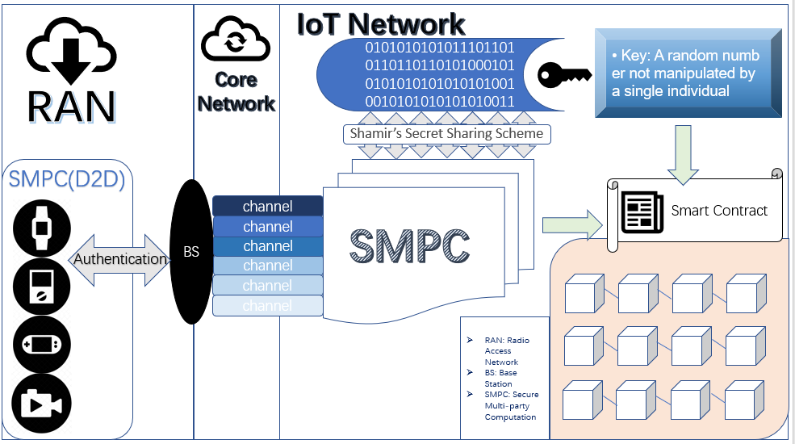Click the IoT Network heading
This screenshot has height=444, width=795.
[x=381, y=24]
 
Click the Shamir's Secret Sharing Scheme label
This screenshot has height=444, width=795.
[x=446, y=133]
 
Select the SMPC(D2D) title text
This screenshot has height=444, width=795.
[x=66, y=179]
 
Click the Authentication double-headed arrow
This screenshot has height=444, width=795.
[x=119, y=259]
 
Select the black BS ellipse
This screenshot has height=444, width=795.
[x=191, y=252]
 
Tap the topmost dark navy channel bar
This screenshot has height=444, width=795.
[x=268, y=207]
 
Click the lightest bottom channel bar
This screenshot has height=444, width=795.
[x=268, y=306]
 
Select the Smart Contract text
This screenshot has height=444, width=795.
[x=719, y=211]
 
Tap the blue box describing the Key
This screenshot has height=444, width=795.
[x=688, y=73]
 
